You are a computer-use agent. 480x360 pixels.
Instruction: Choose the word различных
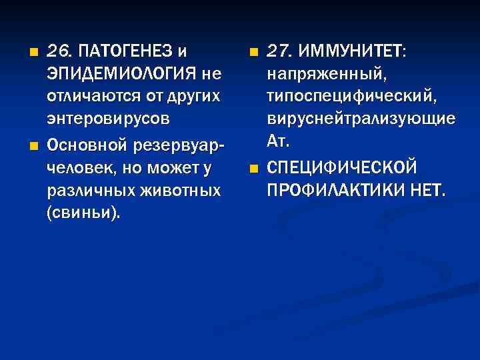(82, 191)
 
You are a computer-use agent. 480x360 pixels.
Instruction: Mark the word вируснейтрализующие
(361, 120)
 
